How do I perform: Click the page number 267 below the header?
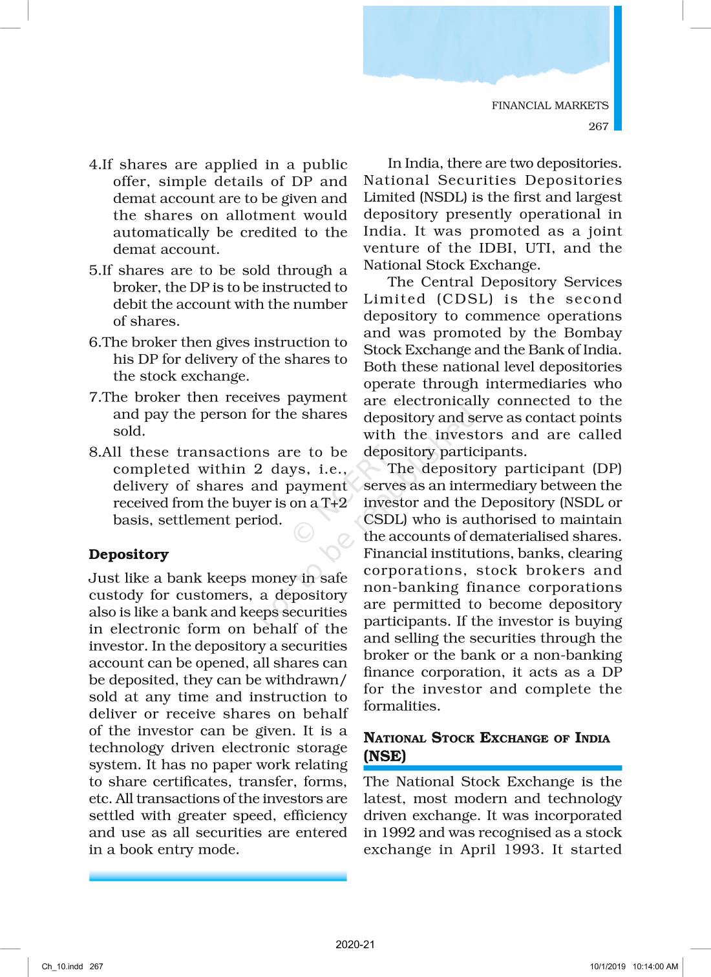(598, 126)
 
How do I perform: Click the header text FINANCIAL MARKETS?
(549, 105)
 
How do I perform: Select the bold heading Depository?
(129, 554)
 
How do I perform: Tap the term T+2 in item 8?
(334, 503)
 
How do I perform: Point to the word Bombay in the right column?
(593, 333)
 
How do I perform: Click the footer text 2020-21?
(355, 944)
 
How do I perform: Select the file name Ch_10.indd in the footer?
(62, 967)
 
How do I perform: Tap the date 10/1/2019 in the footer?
(608, 967)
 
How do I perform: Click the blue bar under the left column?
(218, 876)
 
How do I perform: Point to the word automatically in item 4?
(161, 233)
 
